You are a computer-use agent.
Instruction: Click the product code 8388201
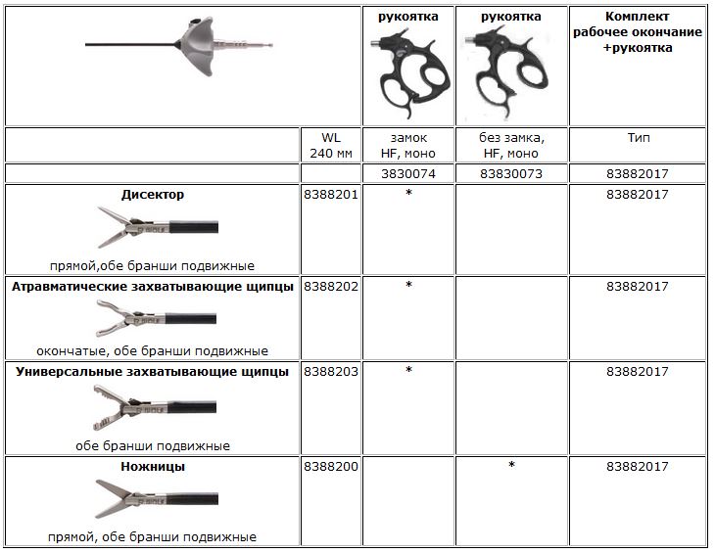pos(331,195)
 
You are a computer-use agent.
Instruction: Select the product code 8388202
pos(331,287)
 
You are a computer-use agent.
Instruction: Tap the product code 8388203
pos(331,372)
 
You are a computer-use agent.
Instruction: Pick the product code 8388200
pos(331,467)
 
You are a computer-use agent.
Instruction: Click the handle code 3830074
pos(408,173)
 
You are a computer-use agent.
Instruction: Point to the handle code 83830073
pos(512,173)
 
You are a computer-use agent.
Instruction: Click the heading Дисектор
pos(152,195)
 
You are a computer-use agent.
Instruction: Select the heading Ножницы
pos(152,467)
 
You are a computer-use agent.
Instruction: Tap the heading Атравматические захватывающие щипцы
pos(152,287)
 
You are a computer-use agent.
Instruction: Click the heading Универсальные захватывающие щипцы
pos(152,372)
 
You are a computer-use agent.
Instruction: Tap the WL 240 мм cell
pos(331,145)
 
